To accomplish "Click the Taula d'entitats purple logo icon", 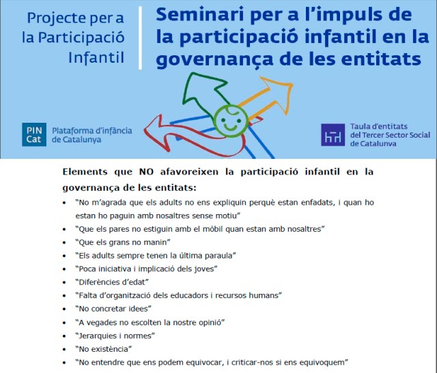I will [x=333, y=134].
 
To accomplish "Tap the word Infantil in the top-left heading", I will [x=96, y=57].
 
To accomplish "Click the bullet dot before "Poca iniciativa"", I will [x=64, y=269].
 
